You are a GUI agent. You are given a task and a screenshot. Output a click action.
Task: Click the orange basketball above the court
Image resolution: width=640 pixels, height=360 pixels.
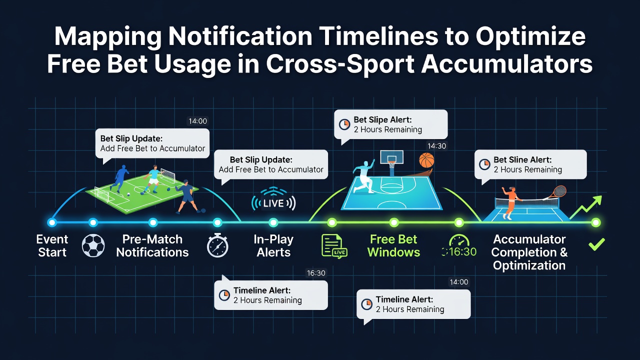pyautogui.click(x=426, y=160)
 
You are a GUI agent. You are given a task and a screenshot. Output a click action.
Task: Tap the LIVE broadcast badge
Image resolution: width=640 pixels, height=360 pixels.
pyautogui.click(x=273, y=203)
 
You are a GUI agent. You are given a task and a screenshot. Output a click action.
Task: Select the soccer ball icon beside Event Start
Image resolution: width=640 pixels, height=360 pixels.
pyautogui.click(x=93, y=245)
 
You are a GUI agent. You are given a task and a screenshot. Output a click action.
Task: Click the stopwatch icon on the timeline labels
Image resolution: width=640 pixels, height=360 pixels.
pyautogui.click(x=217, y=245)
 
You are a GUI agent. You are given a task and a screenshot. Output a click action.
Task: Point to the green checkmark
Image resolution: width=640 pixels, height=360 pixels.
pyautogui.click(x=596, y=244)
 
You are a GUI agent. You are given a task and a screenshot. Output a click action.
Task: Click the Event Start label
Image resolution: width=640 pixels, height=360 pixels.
pyautogui.click(x=52, y=245)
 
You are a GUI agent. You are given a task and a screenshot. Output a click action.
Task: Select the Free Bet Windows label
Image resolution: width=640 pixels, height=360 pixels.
pyautogui.click(x=393, y=245)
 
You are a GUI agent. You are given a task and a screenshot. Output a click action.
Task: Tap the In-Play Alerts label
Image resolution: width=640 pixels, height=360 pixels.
pyautogui.click(x=273, y=245)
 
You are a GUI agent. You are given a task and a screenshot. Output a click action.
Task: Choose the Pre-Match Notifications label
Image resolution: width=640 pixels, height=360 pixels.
pyautogui.click(x=152, y=245)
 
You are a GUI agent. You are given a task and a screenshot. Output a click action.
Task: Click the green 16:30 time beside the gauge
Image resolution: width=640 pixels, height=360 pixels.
pyautogui.click(x=459, y=252)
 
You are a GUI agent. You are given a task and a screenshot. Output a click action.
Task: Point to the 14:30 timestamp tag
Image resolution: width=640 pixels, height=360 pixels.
pyautogui.click(x=436, y=146)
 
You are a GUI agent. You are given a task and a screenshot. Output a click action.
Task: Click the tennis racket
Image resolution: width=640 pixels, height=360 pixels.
pyautogui.click(x=557, y=192)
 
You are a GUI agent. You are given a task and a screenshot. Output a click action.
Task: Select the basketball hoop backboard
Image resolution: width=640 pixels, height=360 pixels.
pyautogui.click(x=391, y=157)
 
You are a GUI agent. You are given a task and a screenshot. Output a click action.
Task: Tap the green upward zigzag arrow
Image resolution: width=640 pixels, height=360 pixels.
pyautogui.click(x=585, y=208)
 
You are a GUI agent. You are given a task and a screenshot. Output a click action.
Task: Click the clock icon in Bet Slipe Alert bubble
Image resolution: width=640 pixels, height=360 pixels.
pyautogui.click(x=344, y=124)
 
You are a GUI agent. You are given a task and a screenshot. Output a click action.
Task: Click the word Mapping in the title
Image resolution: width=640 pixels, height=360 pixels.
pyautogui.click(x=108, y=37)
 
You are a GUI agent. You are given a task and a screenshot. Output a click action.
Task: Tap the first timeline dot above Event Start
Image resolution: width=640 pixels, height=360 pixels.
pyautogui.click(x=52, y=222)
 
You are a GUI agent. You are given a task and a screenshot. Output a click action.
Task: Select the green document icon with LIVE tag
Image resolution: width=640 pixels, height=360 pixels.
pyautogui.click(x=334, y=246)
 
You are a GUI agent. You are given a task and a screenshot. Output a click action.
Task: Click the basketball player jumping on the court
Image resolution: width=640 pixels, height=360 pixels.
pyautogui.click(x=363, y=177)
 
